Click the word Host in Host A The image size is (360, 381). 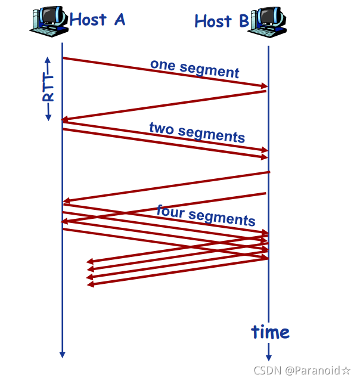[88, 19]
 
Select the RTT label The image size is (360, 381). [48, 89]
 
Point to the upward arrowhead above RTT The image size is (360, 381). [48, 60]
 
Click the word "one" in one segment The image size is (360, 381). [162, 64]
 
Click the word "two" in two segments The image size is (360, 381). [161, 128]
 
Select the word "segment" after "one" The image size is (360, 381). [210, 71]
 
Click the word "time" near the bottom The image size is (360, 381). [270, 332]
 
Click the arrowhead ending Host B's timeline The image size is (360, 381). [268, 356]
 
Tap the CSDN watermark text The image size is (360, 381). [266, 370]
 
